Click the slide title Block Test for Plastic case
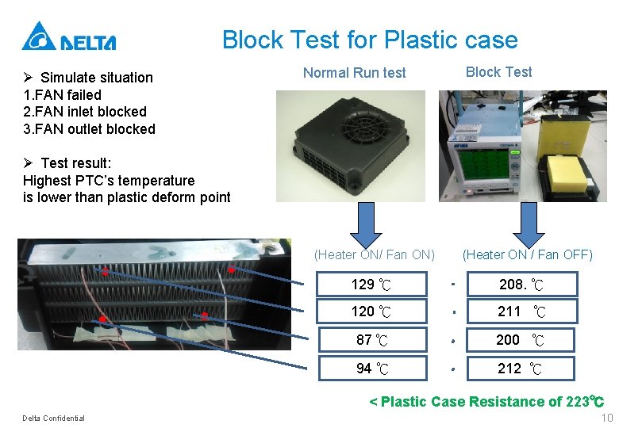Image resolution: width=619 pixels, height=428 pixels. (370, 40)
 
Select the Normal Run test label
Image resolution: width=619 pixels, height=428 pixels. (354, 73)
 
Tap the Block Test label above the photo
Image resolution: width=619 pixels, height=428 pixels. (498, 72)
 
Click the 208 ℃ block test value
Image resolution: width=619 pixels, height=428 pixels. (521, 284)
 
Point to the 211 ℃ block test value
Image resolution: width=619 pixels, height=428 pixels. (521, 311)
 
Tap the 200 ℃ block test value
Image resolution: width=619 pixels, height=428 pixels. (521, 340)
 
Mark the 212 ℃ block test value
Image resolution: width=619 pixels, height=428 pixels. (521, 369)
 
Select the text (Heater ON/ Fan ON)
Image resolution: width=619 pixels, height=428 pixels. (375, 254)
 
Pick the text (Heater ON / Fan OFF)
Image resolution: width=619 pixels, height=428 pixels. (528, 254)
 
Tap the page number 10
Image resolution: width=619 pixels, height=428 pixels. (607, 418)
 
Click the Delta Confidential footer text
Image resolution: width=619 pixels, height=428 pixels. (54, 418)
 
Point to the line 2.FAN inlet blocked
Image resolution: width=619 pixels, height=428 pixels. (86, 112)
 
